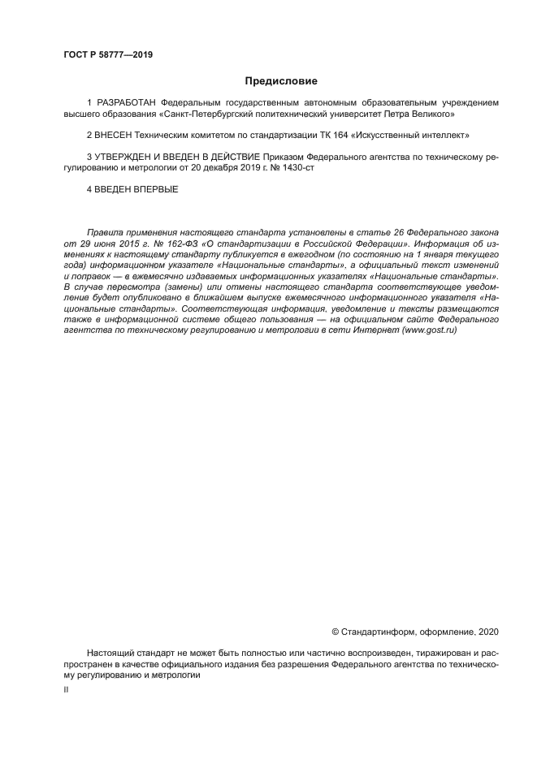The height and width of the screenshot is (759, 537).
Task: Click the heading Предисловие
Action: (x=282, y=81)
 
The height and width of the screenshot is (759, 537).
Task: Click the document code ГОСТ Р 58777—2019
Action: (x=108, y=55)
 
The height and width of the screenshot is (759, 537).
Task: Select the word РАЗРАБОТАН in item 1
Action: (x=128, y=103)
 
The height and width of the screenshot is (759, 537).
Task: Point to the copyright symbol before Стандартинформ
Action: (x=337, y=632)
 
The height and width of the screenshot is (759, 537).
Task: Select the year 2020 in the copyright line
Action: (x=488, y=632)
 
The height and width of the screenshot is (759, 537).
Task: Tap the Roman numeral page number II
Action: (x=67, y=689)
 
